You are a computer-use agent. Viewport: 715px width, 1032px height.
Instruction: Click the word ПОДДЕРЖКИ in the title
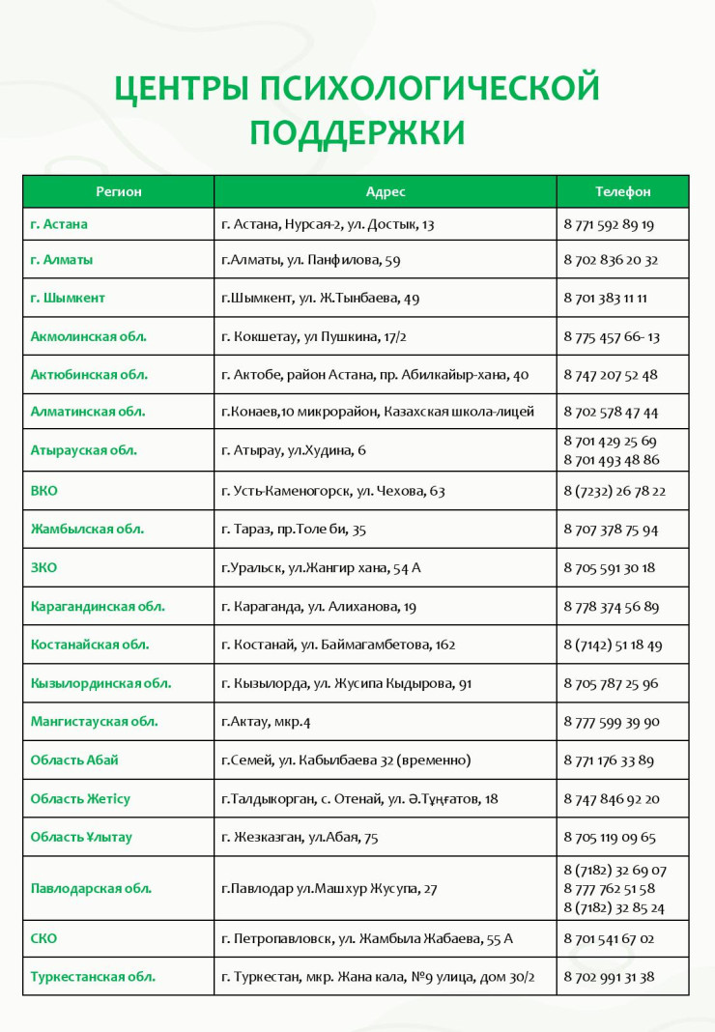pyautogui.click(x=357, y=132)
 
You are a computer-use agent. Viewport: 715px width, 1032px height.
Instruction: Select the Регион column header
pyautogui.click(x=119, y=191)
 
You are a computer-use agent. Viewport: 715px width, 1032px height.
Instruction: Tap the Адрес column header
pyautogui.click(x=386, y=191)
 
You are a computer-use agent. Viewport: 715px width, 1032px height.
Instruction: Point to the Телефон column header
pyautogui.click(x=622, y=191)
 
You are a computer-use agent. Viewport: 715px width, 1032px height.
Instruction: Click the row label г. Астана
pyautogui.click(x=59, y=224)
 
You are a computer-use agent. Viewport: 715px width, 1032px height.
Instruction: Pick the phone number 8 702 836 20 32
pyautogui.click(x=611, y=260)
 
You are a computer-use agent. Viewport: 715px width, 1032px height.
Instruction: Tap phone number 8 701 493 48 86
pyautogui.click(x=611, y=459)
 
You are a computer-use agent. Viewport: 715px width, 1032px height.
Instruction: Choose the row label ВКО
pyautogui.click(x=44, y=491)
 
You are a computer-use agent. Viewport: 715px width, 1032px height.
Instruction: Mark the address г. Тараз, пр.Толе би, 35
pyautogui.click(x=293, y=530)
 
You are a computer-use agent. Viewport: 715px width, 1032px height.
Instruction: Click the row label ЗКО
pyautogui.click(x=44, y=567)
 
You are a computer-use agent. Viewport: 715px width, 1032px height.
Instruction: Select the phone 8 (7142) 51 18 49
pyautogui.click(x=614, y=645)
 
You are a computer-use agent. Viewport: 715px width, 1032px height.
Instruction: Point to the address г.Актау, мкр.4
pyautogui.click(x=266, y=722)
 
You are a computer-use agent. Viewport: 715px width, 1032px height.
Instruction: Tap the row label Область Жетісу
pyautogui.click(x=80, y=799)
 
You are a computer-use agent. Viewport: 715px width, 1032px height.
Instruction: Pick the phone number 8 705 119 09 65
pyautogui.click(x=610, y=838)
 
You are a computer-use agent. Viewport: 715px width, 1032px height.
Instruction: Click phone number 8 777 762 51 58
pyautogui.click(x=610, y=888)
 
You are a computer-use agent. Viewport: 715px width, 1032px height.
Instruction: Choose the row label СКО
pyautogui.click(x=44, y=938)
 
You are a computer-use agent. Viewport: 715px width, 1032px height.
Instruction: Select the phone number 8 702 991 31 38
pyautogui.click(x=610, y=977)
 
